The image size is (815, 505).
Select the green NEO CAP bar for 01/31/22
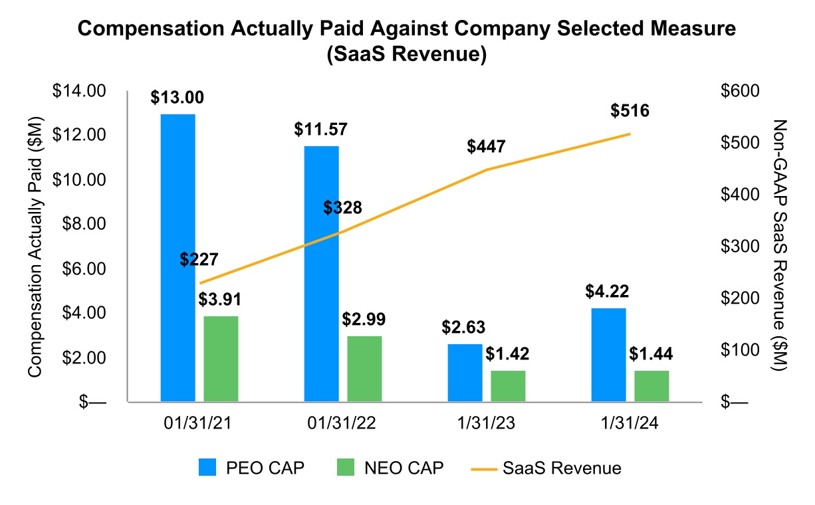(364, 369)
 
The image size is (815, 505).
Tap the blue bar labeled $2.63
(465, 373)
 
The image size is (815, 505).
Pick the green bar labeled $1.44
(651, 386)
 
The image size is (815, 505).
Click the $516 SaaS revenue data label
(630, 111)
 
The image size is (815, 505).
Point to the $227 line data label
(199, 259)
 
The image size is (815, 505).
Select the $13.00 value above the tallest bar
(177, 98)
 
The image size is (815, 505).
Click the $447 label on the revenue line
(486, 146)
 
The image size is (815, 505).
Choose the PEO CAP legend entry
(253, 468)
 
